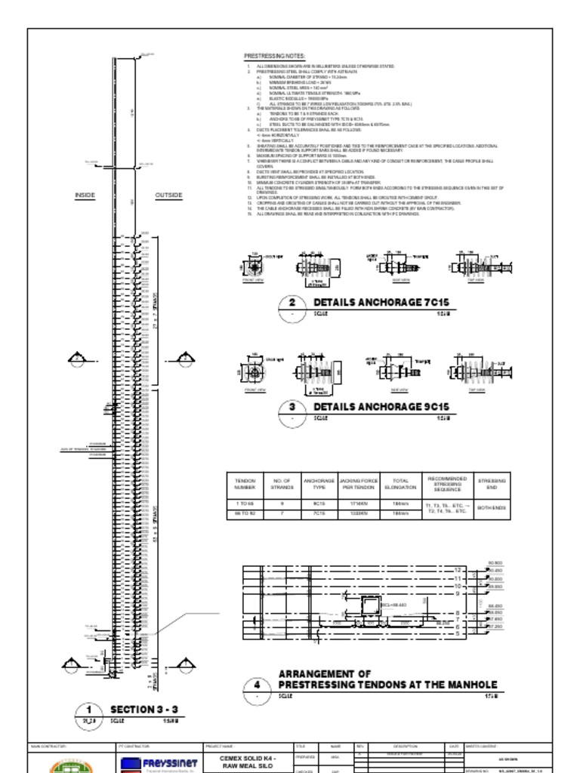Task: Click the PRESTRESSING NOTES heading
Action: tap(273, 57)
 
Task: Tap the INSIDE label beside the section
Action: tap(85, 196)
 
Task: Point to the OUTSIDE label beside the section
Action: tap(168, 196)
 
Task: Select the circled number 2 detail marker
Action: tap(292, 304)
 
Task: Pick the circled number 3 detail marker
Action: tap(292, 408)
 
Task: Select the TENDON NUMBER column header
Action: tap(245, 484)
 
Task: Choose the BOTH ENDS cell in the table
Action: tap(492, 508)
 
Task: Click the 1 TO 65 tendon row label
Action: tap(245, 503)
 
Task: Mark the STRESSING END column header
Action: tap(492, 484)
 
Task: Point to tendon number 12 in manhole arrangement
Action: tap(458, 570)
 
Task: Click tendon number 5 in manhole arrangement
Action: tap(458, 634)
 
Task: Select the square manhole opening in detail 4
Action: tap(372, 606)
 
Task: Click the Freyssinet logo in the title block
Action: tap(159, 764)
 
